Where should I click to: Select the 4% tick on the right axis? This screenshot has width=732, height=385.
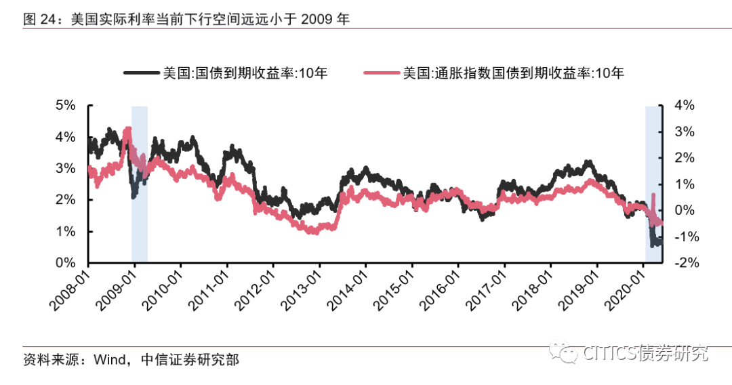[x=684, y=106]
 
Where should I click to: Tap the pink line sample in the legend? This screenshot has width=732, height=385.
[x=382, y=73]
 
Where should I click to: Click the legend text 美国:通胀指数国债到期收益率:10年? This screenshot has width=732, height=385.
[x=513, y=73]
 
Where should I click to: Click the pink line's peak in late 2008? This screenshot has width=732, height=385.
[x=128, y=128]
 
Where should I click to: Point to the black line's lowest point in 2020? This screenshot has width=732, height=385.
[x=653, y=245]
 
